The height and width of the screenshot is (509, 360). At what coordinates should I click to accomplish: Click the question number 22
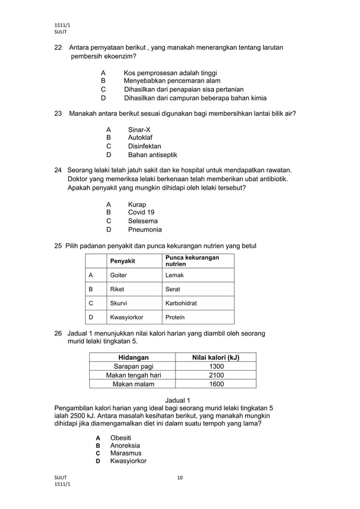(x=58, y=47)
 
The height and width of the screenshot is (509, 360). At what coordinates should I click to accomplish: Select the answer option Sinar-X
(x=139, y=129)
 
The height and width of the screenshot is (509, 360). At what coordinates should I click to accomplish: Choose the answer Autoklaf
(x=140, y=137)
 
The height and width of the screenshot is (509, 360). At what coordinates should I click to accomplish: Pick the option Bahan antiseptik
(x=152, y=155)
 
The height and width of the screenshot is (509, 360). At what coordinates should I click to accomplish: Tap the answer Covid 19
(x=141, y=212)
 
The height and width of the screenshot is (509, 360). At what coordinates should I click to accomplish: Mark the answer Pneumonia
(x=144, y=230)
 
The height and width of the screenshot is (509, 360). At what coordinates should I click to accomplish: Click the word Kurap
(x=137, y=204)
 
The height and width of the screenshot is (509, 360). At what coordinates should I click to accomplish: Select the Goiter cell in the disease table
(x=118, y=275)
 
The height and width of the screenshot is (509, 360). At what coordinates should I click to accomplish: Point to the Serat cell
(x=173, y=289)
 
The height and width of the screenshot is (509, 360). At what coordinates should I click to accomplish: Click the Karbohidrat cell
(x=181, y=303)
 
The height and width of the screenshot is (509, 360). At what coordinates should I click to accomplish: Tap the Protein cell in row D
(x=175, y=317)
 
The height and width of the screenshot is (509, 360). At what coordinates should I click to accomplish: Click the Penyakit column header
(x=122, y=261)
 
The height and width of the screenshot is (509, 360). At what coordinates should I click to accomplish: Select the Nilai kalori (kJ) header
(x=216, y=357)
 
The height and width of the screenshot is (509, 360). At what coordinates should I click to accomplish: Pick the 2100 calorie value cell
(x=216, y=375)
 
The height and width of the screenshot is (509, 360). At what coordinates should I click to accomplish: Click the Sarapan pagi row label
(x=133, y=366)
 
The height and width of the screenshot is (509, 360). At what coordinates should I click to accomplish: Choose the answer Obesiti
(x=121, y=438)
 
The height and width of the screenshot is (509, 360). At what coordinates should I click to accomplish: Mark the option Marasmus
(x=126, y=453)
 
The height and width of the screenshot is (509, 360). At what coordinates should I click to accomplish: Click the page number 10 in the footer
(x=180, y=478)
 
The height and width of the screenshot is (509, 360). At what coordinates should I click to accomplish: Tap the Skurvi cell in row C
(x=118, y=303)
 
